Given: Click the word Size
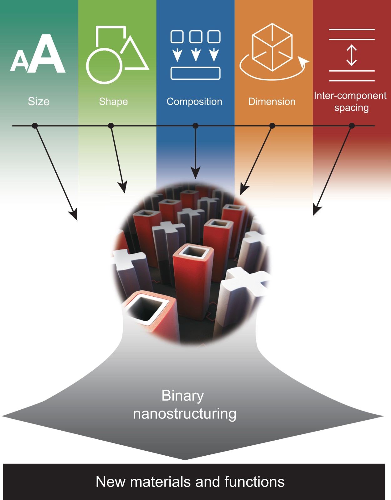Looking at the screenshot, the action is pyautogui.click(x=39, y=102).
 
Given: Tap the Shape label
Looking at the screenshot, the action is pyautogui.click(x=113, y=102).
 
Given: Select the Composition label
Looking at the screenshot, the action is pyautogui.click(x=194, y=102).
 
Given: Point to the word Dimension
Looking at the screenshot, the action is pyautogui.click(x=272, y=102).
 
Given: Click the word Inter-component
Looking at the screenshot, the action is pyautogui.click(x=350, y=96).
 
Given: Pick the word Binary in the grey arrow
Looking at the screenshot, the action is pyautogui.click(x=183, y=396).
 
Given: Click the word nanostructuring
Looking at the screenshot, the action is pyautogui.click(x=185, y=414).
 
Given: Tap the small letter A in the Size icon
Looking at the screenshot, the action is pyautogui.click(x=20, y=61).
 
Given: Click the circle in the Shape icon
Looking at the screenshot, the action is pyautogui.click(x=104, y=66).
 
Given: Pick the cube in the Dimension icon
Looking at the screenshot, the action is pyautogui.click(x=272, y=47).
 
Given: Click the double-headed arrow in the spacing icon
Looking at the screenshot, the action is pyautogui.click(x=352, y=55).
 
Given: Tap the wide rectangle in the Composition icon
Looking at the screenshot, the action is pyautogui.click(x=195, y=73).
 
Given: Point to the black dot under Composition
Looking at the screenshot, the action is pyautogui.click(x=195, y=126).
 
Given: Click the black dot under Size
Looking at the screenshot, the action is pyautogui.click(x=35, y=126).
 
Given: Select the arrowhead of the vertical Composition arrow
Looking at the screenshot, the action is pyautogui.click(x=195, y=173).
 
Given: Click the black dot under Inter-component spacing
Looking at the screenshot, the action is pyautogui.click(x=352, y=126).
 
